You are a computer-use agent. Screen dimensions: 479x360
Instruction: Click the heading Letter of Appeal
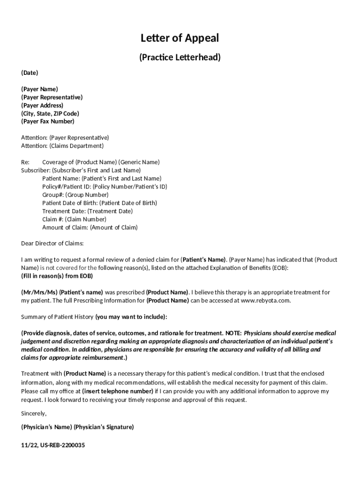click(x=180, y=38)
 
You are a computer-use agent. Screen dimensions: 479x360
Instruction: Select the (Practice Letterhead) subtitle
click(x=180, y=58)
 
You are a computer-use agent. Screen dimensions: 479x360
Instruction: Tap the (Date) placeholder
click(x=29, y=73)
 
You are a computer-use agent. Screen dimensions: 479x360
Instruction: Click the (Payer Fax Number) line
click(x=48, y=122)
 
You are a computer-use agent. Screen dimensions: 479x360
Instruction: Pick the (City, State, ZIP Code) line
click(x=50, y=114)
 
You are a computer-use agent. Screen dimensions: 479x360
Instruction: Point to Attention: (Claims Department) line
click(x=62, y=146)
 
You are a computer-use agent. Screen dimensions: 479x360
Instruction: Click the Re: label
click(x=25, y=162)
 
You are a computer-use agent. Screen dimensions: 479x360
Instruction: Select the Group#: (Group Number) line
click(x=75, y=195)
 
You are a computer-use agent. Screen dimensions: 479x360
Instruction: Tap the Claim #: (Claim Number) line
click(x=74, y=219)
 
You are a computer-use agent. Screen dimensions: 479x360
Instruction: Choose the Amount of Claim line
click(x=90, y=228)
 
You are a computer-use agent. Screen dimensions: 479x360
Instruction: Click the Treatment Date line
click(x=87, y=211)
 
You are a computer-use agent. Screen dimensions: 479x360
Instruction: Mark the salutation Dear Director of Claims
click(x=52, y=244)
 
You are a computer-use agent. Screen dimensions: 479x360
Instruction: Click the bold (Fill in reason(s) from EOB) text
click(x=57, y=276)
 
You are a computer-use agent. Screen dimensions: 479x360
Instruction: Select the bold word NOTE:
click(x=233, y=333)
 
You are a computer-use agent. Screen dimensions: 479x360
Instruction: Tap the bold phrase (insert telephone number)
click(x=117, y=391)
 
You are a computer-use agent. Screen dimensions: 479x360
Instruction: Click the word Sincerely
click(x=34, y=414)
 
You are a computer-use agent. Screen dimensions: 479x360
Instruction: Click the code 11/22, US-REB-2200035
click(x=53, y=445)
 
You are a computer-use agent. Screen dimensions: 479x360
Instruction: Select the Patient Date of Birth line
click(x=100, y=203)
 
